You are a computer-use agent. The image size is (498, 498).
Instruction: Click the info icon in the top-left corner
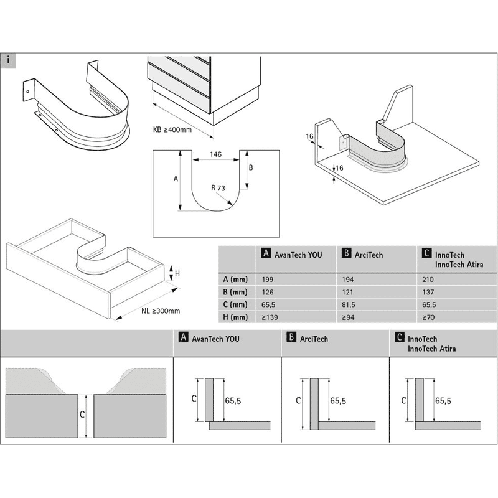point(7,60)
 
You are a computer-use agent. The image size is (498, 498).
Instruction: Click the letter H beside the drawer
point(177,273)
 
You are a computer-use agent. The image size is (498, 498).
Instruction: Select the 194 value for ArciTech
point(344,280)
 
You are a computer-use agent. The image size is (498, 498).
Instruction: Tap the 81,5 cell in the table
point(345,305)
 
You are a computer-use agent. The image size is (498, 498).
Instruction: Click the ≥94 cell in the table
point(344,317)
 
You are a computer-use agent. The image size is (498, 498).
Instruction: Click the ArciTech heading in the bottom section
point(314,339)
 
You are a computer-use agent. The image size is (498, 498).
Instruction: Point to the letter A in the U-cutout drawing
point(176,179)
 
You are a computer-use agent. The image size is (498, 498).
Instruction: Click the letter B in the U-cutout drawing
point(251,168)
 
